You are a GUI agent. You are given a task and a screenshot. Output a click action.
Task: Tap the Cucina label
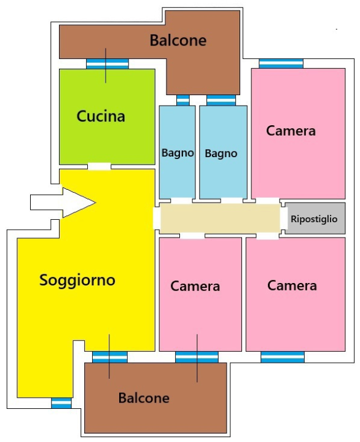click(x=101, y=116)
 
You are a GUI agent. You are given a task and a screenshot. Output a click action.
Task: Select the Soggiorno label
click(x=77, y=280)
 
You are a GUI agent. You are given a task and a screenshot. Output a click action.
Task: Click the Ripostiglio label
click(x=314, y=219)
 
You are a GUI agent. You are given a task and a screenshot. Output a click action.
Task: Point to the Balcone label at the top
click(x=178, y=41)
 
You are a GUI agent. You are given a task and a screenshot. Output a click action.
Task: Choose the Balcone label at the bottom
click(x=144, y=398)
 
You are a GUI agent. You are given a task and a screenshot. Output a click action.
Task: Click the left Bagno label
click(x=178, y=153)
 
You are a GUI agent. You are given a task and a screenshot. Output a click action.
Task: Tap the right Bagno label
click(x=221, y=153)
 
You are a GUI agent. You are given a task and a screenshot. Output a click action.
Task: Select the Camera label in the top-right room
click(x=291, y=130)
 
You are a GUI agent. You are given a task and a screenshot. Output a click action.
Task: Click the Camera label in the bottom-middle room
click(x=195, y=286)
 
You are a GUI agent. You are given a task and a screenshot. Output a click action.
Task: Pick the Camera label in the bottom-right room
click(x=292, y=285)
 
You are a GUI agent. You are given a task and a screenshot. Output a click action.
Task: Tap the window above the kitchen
click(x=107, y=63)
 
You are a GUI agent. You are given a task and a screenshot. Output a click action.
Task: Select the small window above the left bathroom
click(x=183, y=100)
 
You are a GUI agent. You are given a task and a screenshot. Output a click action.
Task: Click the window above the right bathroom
click(x=221, y=100)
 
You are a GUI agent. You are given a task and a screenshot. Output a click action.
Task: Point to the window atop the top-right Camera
click(x=281, y=63)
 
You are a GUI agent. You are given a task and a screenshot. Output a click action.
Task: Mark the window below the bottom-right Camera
click(x=283, y=357)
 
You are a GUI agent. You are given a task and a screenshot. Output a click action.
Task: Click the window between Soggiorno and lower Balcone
click(x=110, y=357)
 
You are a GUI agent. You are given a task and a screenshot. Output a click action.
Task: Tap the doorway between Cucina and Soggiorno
click(x=99, y=166)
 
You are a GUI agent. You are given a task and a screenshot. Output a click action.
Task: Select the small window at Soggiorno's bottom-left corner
click(x=61, y=403)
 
